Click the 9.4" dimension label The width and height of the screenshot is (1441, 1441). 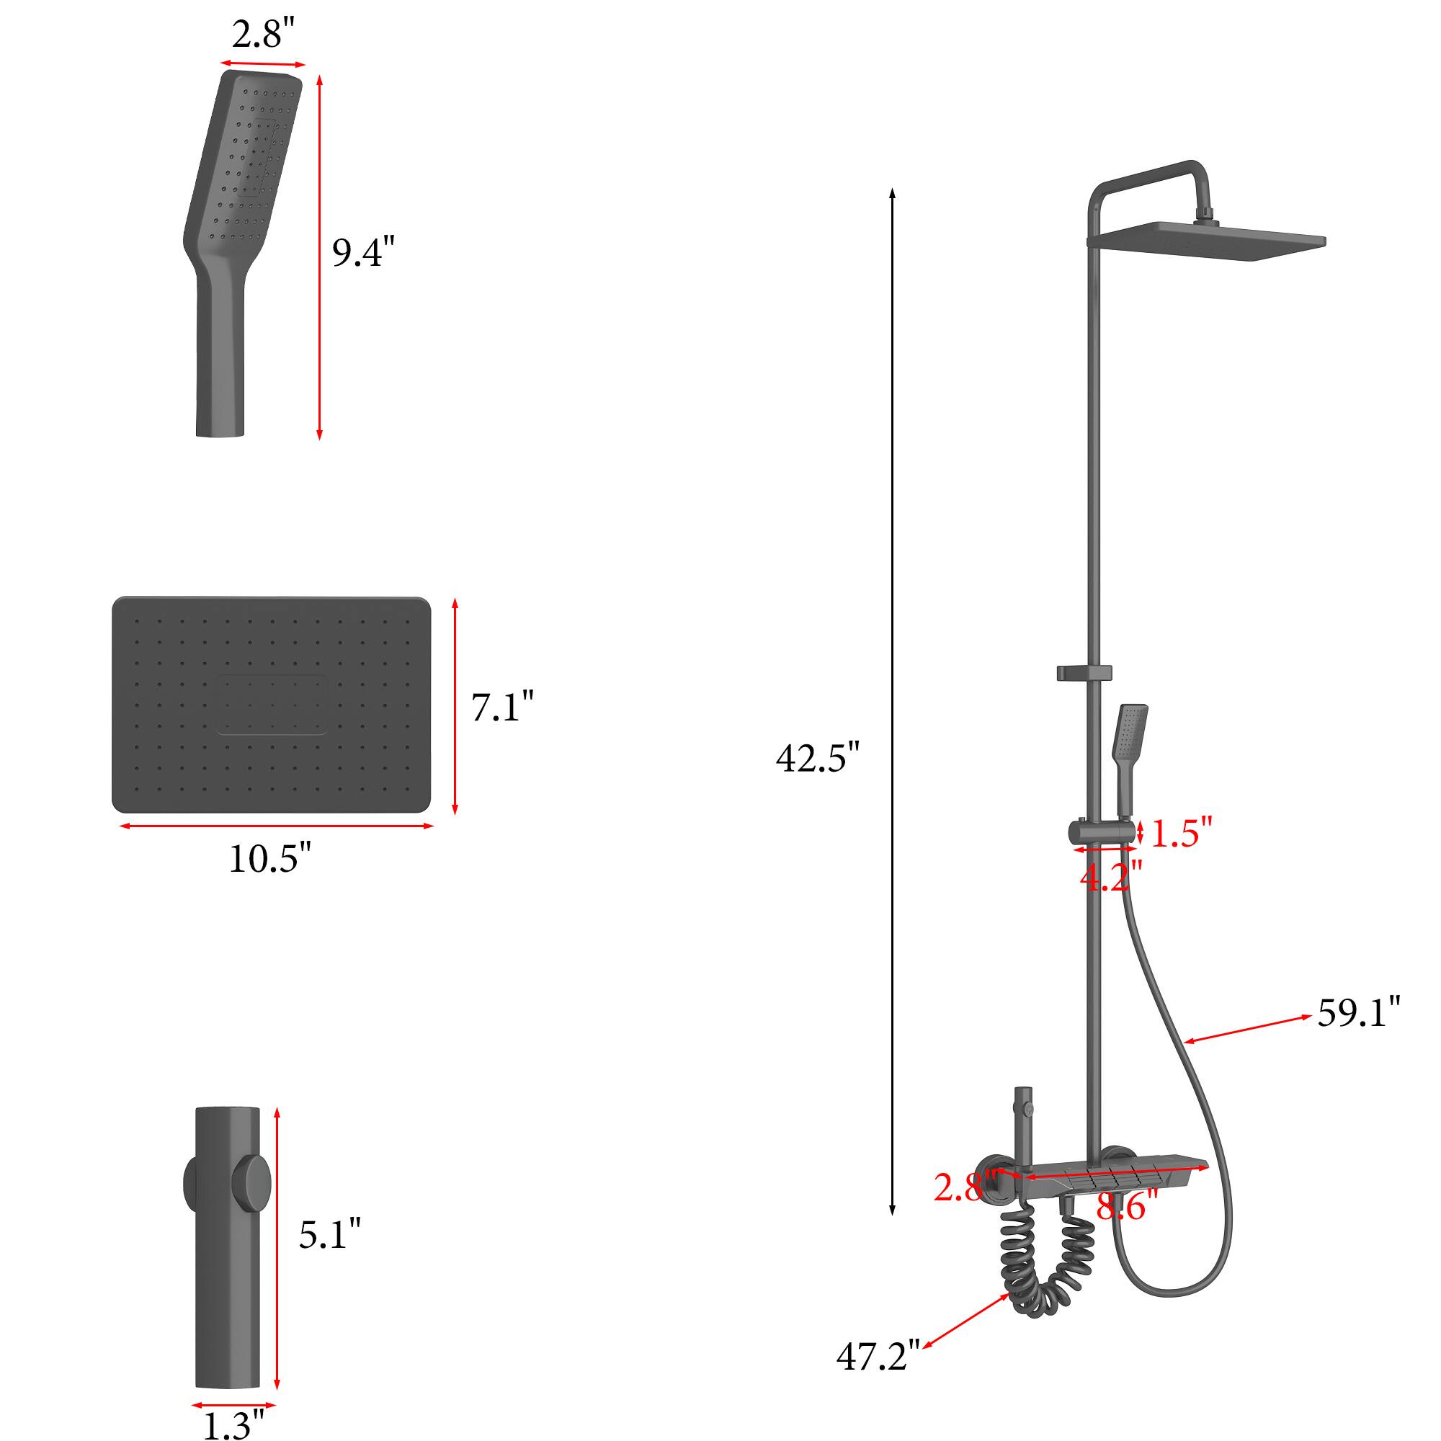362,252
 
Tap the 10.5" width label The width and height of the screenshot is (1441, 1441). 269,859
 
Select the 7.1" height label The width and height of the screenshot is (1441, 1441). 502,706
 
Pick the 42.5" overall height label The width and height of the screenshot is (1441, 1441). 818,758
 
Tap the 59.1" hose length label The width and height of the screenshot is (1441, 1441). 1358,1013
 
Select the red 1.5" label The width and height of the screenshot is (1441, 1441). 1182,832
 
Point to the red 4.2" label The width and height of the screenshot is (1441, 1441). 1110,877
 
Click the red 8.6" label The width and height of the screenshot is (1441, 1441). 1126,1205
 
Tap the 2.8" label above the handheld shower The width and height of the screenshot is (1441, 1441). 263,35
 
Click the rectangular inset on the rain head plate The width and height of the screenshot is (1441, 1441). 272,704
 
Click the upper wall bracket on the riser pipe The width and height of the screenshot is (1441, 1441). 1084,673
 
